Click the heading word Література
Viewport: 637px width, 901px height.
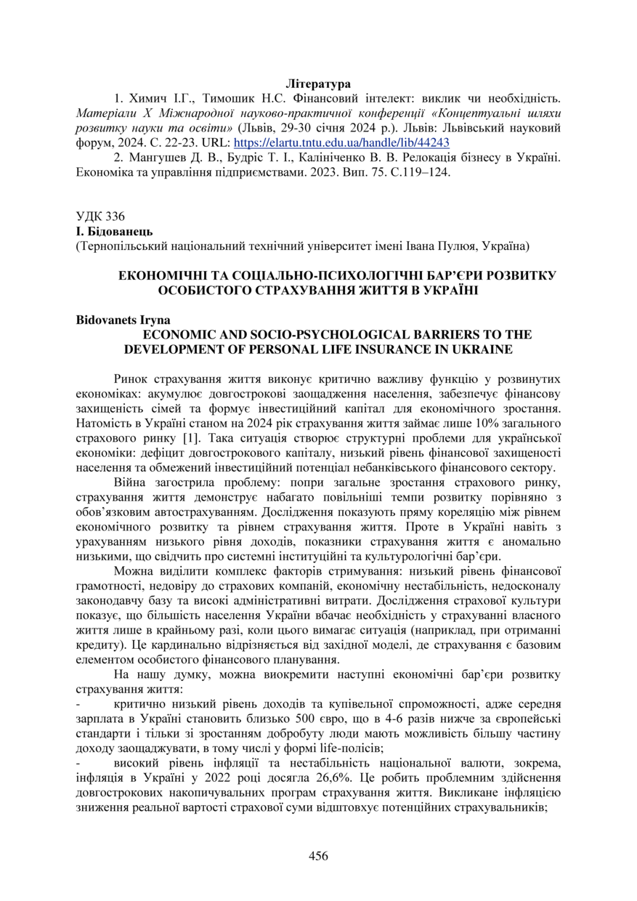click(x=318, y=84)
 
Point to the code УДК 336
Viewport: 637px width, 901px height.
click(x=100, y=216)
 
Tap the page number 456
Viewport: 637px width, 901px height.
click(x=318, y=855)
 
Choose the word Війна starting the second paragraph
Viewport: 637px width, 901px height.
click(x=130, y=483)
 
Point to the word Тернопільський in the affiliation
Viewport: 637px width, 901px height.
click(x=119, y=246)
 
